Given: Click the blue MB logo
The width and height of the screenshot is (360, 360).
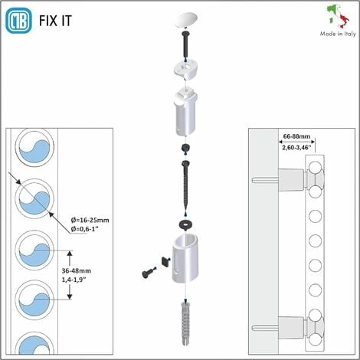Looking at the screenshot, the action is click(18, 21).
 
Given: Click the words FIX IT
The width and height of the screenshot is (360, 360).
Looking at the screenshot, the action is click(55, 21).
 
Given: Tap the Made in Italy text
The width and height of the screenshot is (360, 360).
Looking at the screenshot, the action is click(338, 34).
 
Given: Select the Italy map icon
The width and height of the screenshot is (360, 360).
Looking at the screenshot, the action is click(338, 16).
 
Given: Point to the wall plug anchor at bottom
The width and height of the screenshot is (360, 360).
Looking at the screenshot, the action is click(186, 323).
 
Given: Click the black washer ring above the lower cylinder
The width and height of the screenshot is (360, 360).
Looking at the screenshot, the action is click(185, 224).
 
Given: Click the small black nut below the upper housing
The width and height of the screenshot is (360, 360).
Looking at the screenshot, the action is click(185, 148).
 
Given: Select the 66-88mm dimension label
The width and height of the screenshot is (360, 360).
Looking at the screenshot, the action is click(296, 136).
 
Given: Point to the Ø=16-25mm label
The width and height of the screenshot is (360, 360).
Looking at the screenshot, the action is click(90, 220).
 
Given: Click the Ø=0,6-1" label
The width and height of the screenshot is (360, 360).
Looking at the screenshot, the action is click(84, 229).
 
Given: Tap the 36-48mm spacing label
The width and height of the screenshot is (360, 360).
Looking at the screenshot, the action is click(77, 270).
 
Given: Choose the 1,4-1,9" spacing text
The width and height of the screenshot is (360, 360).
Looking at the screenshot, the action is click(74, 280).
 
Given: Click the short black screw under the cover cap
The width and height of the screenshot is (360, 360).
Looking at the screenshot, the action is click(185, 45).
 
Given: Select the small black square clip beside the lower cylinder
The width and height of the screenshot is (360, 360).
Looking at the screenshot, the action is click(166, 261).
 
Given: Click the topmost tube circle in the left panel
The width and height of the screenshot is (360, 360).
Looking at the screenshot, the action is click(34, 147).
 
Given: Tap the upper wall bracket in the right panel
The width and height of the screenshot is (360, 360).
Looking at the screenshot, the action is click(291, 180).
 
